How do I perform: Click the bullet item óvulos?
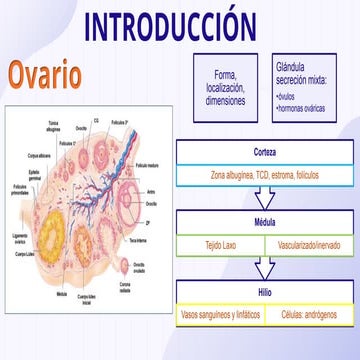pyautogui.click(x=291, y=97)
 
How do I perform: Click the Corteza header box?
pyautogui.click(x=265, y=152)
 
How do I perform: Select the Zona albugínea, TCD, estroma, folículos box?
pyautogui.click(x=265, y=174)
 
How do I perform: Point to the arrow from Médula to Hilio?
pyautogui.click(x=265, y=267)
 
